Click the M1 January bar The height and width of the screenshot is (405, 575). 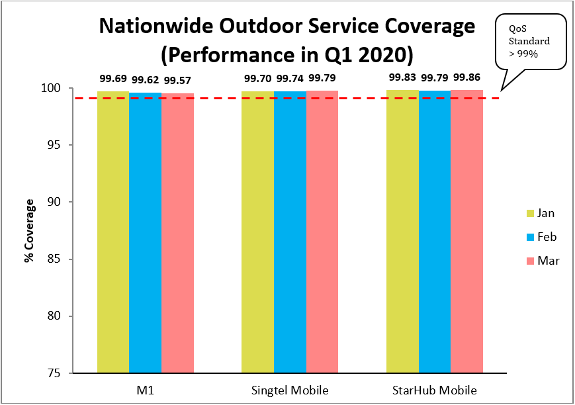[x=113, y=232]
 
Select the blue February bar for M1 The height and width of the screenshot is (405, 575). [x=145, y=232]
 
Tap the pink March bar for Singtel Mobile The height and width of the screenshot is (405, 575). [x=322, y=232]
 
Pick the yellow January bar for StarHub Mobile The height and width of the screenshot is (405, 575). [x=402, y=232]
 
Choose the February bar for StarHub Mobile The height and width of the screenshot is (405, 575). [x=435, y=232]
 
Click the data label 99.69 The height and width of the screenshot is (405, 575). [x=113, y=79]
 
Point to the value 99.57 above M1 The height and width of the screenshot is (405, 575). [x=177, y=81]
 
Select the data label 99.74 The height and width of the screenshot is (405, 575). [x=290, y=79]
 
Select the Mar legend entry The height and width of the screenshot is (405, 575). [x=539, y=261]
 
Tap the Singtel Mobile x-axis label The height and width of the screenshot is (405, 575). [x=290, y=388]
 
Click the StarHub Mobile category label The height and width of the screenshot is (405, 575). [x=435, y=388]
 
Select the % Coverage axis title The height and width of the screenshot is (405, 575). [x=29, y=230]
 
